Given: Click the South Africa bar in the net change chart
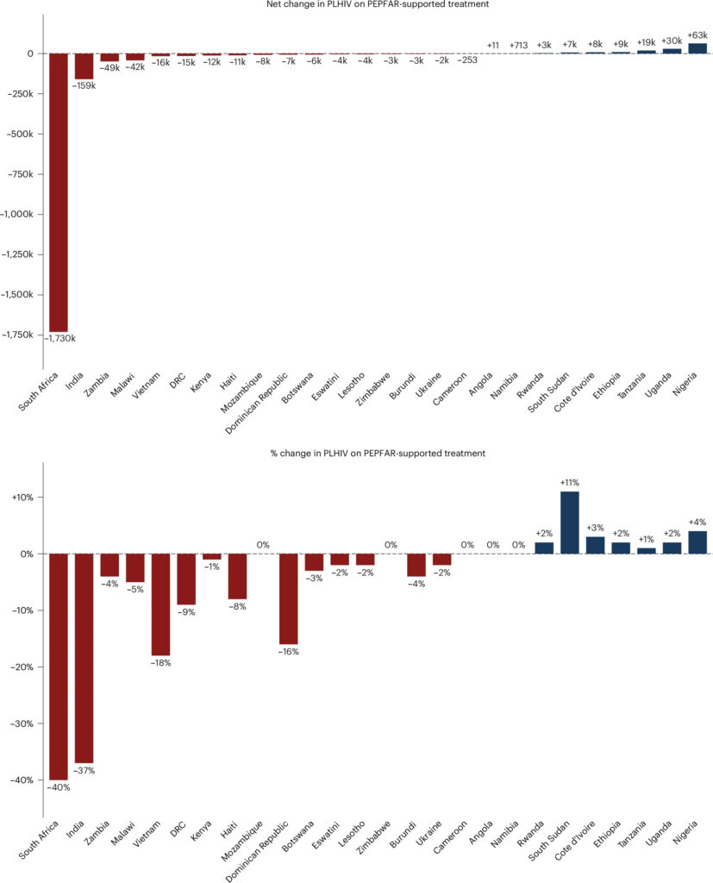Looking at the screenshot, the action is click(x=59, y=192).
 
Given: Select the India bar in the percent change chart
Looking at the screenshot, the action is click(x=84, y=658).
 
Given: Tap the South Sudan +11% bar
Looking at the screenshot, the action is click(x=570, y=523).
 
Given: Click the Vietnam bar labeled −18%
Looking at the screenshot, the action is click(x=160, y=604).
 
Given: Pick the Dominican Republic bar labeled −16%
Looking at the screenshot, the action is click(x=288, y=599).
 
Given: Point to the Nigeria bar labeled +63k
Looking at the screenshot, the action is click(x=697, y=48).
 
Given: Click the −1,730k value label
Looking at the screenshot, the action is click(x=60, y=338).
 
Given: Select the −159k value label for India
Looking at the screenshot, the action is click(x=84, y=85).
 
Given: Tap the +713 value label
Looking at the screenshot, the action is click(x=519, y=45).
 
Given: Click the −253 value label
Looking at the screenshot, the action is click(x=467, y=59).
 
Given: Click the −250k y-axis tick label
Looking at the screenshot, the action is click(x=21, y=93).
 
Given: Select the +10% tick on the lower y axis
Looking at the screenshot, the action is click(x=22, y=498).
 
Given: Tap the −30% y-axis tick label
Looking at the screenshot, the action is click(x=22, y=723).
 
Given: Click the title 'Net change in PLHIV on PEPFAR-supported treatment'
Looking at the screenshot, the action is click(x=378, y=4).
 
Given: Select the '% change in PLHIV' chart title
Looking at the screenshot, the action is click(x=378, y=454).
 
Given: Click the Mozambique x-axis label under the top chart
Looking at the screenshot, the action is click(x=242, y=392).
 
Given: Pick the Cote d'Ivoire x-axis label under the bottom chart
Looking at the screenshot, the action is click(x=574, y=841).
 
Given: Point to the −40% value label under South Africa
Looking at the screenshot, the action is click(x=59, y=787).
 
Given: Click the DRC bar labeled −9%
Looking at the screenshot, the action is click(x=186, y=579).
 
